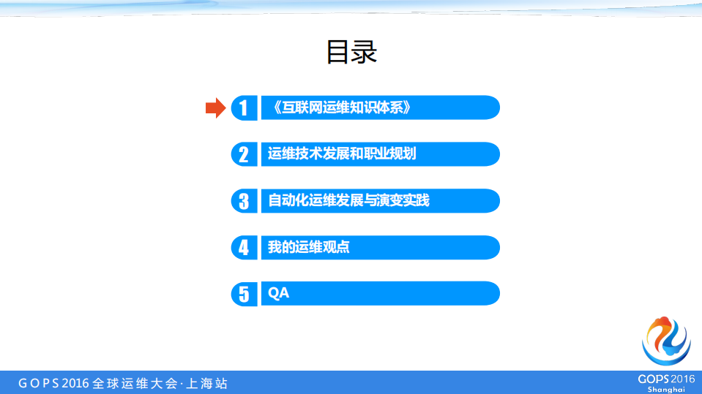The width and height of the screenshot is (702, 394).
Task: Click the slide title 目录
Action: (x=351, y=53)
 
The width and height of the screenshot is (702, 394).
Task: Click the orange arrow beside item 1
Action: (x=215, y=108)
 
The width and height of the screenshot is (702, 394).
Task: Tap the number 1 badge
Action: (x=244, y=108)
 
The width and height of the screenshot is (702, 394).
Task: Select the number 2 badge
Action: (x=244, y=154)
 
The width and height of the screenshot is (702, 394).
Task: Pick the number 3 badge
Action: (x=244, y=201)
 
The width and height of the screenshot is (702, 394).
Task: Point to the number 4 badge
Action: (x=244, y=248)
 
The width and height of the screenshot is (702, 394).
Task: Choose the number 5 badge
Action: (x=244, y=294)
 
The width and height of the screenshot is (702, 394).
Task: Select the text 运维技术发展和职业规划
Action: (x=342, y=154)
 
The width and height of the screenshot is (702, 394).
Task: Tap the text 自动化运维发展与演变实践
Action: (x=348, y=200)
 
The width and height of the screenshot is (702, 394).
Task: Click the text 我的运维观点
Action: (x=308, y=247)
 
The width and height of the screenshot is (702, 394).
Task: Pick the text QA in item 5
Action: (x=279, y=294)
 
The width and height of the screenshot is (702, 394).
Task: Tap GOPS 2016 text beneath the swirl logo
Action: (x=666, y=379)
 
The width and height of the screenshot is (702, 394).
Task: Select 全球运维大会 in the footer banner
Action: (x=135, y=383)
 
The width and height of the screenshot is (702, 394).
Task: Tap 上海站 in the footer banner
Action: (x=208, y=383)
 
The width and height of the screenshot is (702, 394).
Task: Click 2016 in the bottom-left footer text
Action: (x=75, y=383)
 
